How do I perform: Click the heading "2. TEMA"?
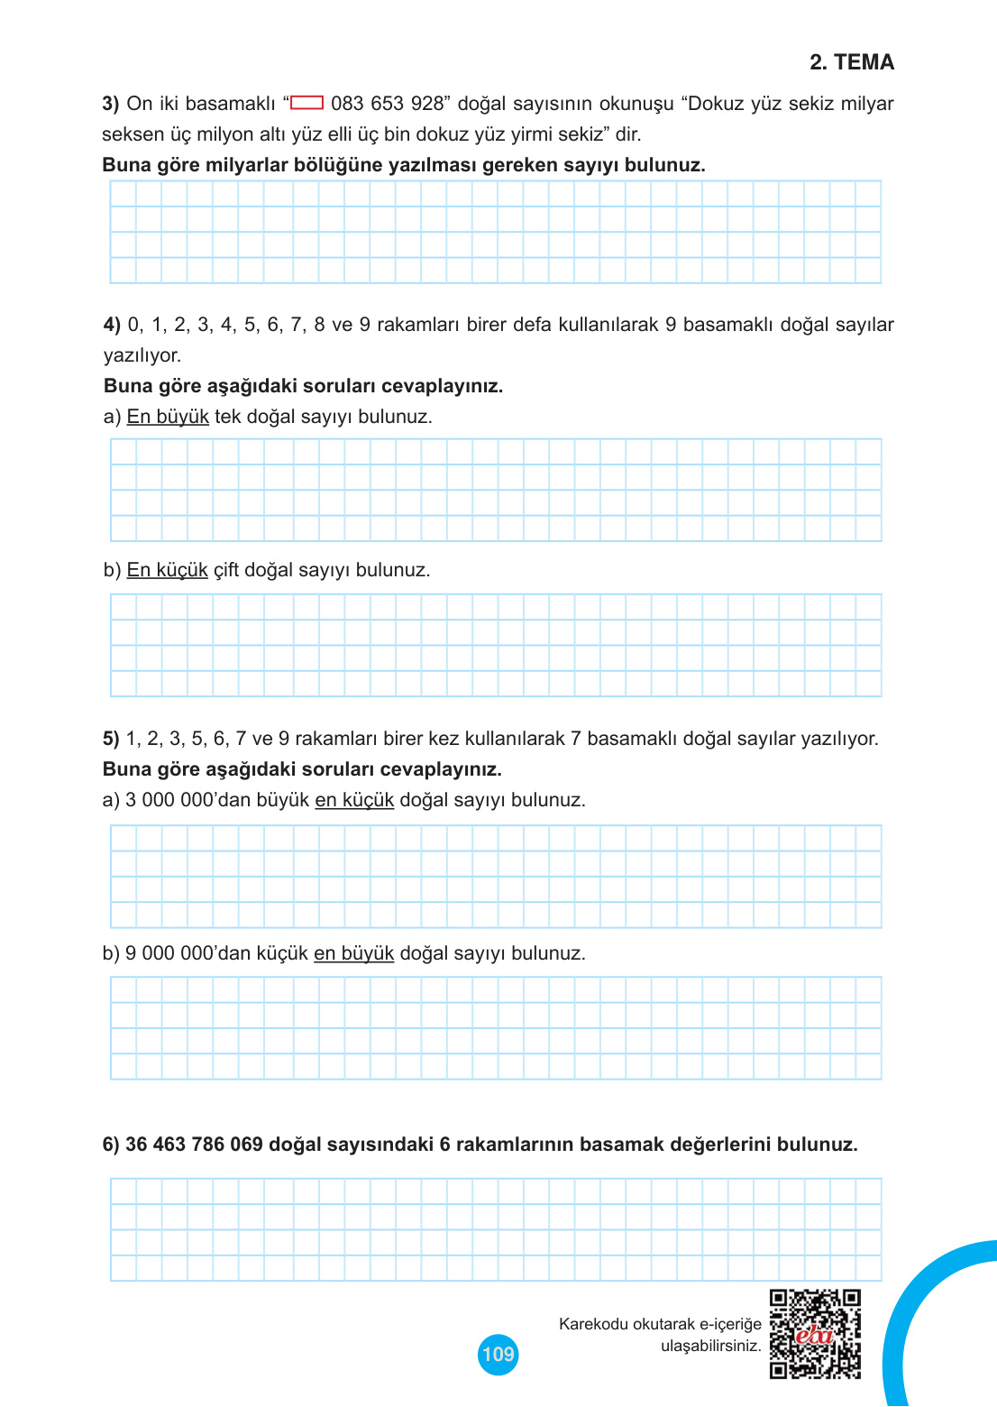point(851,62)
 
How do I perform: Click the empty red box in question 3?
point(306,103)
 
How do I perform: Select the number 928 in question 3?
point(427,104)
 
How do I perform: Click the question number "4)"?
point(112,325)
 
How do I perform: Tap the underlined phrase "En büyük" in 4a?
point(168,417)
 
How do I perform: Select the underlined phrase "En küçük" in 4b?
point(167,570)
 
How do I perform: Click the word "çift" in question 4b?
point(225,570)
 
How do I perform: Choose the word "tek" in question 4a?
point(227,417)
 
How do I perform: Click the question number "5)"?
point(111,739)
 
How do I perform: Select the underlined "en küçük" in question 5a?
point(354,800)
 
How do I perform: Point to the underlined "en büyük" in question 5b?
point(353,953)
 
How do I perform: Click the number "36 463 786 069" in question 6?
point(194,1145)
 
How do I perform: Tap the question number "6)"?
point(111,1145)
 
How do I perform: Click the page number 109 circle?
point(498,1354)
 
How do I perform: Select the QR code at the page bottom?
point(815,1334)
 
